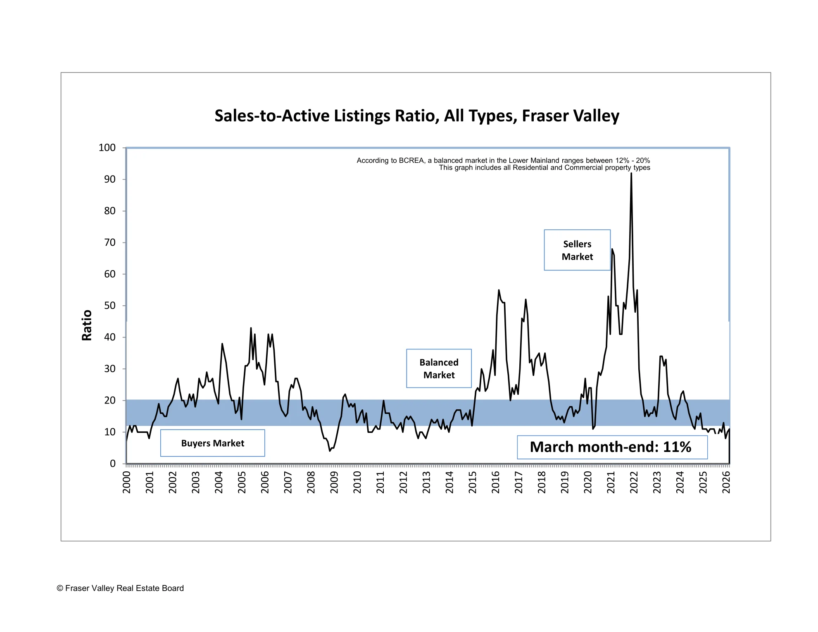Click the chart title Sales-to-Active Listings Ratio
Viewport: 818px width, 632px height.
[416, 116]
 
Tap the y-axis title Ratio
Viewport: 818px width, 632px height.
[87, 325]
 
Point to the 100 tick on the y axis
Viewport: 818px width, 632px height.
[107, 148]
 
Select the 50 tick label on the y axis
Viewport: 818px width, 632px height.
[109, 306]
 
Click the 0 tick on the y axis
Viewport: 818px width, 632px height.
[112, 463]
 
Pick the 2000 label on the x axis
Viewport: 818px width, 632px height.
[127, 482]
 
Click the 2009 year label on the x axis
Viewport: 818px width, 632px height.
[334, 482]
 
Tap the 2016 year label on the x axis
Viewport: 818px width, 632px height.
[496, 482]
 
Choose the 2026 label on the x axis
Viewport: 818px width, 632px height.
[726, 482]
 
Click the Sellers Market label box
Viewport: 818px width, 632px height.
[577, 250]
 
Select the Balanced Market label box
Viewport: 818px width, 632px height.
[439, 368]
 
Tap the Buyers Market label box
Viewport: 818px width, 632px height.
[212, 443]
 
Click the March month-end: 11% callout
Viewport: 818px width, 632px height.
[612, 447]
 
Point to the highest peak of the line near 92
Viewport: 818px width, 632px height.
[631, 173]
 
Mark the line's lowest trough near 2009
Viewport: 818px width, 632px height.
[330, 451]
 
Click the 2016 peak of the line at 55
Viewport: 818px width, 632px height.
[499, 290]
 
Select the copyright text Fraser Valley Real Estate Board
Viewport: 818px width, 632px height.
[120, 588]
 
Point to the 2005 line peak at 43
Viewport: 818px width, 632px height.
[251, 328]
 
